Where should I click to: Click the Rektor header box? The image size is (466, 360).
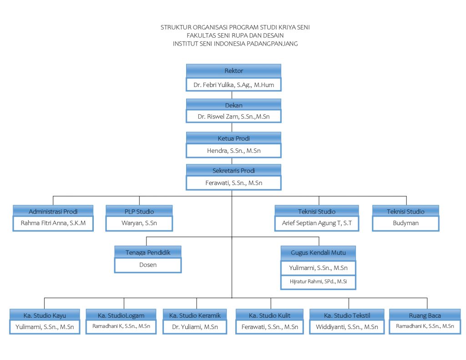[233, 71]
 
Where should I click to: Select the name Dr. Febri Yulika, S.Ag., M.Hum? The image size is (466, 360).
[233, 85]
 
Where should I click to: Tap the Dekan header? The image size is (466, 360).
[233, 105]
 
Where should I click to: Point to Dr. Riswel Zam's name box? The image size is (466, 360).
[233, 117]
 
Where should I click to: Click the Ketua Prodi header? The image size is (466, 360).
[233, 138]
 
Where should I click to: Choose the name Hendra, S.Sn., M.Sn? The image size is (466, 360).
[233, 151]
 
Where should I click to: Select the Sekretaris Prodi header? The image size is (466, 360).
[233, 170]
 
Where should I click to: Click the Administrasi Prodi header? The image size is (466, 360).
[53, 211]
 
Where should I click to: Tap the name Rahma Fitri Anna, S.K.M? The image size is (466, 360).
[53, 223]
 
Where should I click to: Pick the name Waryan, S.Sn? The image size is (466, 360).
[139, 223]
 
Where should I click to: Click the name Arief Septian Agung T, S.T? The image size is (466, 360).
[317, 223]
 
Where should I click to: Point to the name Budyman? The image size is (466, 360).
[405, 223]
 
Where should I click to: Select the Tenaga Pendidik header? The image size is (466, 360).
[148, 253]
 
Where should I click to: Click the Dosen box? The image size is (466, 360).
[148, 265]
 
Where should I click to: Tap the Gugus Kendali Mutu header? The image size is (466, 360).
[318, 253]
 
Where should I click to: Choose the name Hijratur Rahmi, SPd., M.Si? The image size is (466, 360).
[318, 282]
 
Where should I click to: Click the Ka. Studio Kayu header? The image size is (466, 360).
[45, 315]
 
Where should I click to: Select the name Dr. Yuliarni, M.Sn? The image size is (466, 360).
[195, 327]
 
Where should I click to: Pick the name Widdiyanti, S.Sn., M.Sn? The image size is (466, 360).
[347, 327]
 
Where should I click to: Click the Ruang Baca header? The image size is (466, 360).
[425, 315]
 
